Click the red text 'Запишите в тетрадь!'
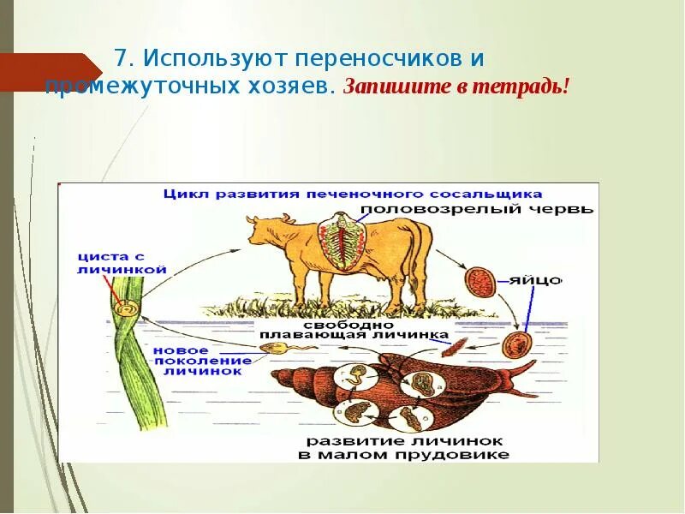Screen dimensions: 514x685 [x=456, y=87]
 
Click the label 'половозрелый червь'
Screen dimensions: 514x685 [x=476, y=208]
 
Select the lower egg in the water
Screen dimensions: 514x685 [x=515, y=344]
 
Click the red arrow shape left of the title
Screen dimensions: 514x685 [x=51, y=72]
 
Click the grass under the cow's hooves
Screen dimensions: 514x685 [x=360, y=304]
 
